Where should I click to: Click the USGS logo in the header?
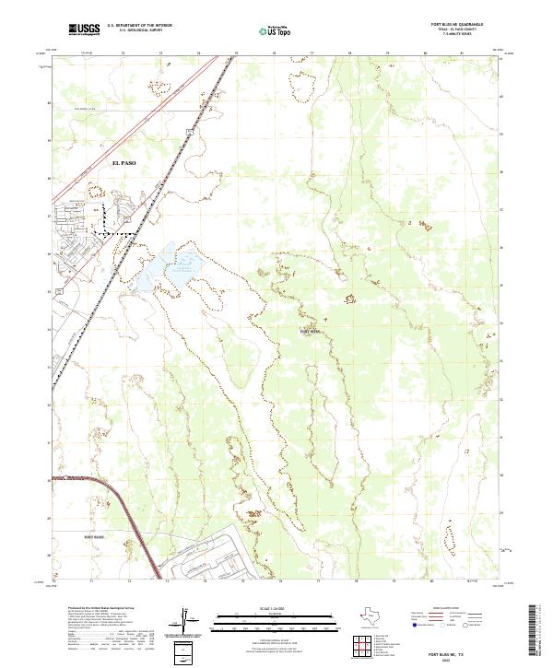click(85, 30)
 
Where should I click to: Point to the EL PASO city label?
click(124, 162)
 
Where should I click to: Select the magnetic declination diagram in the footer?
click(190, 622)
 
